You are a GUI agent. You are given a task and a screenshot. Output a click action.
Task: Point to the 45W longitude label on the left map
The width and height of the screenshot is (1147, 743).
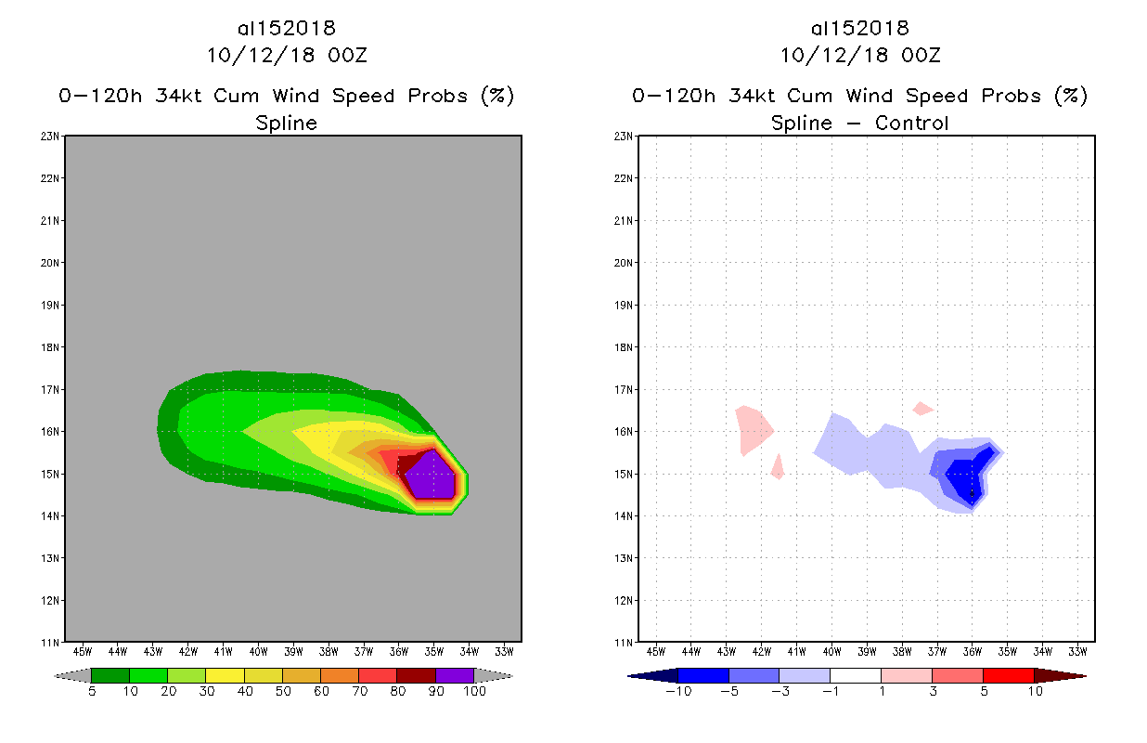(x=82, y=650)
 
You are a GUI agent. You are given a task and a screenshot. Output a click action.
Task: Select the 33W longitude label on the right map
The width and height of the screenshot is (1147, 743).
(x=1077, y=650)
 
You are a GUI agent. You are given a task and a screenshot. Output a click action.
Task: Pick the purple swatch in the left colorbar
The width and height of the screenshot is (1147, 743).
(x=455, y=675)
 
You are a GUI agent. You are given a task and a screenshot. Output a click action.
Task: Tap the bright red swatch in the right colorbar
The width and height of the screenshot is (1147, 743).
(x=1008, y=675)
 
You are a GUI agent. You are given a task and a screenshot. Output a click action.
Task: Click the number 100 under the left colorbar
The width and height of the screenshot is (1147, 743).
(x=474, y=692)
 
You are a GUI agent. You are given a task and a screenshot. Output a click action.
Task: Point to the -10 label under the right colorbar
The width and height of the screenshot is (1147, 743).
(x=677, y=692)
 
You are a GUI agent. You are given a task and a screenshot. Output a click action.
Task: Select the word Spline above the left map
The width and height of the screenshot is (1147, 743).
(x=286, y=123)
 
